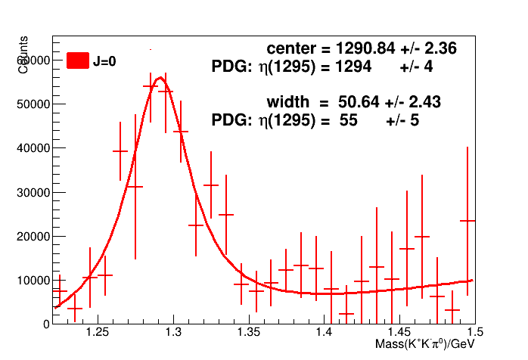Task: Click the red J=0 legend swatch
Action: tap(78, 61)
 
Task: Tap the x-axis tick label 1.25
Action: tap(98, 333)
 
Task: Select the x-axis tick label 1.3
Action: tap(173, 333)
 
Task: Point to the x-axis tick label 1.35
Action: tap(249, 333)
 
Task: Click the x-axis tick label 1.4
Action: tap(325, 333)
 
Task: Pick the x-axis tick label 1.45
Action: tap(400, 333)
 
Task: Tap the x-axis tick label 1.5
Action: tap(474, 333)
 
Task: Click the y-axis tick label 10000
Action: tap(33, 280)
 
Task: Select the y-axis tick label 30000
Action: tap(33, 192)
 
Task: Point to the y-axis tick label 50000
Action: tap(33, 104)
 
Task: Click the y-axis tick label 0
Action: tap(46, 324)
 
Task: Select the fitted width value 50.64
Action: tap(359, 101)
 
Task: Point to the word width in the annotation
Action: tap(288, 101)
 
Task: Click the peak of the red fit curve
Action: tap(160, 77)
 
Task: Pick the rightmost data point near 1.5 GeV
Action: tap(467, 220)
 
